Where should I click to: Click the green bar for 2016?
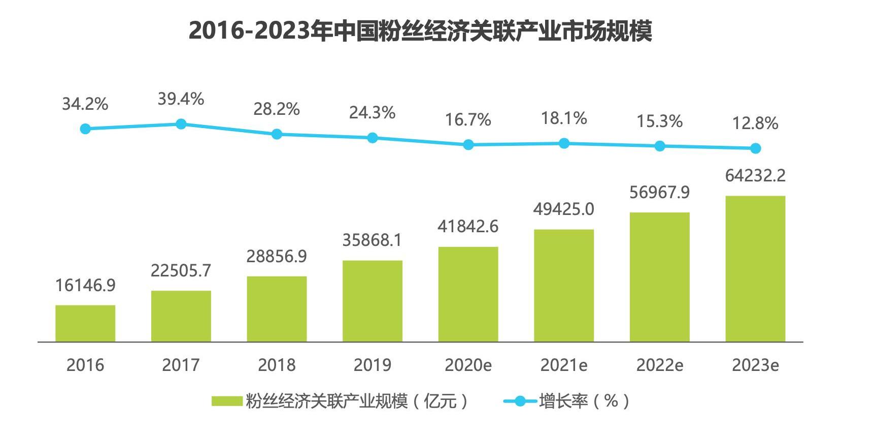[85, 323]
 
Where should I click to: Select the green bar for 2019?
[373, 301]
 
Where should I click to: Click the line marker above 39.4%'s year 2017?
[181, 124]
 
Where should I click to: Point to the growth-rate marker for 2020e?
[468, 145]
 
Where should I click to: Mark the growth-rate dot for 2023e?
[755, 148]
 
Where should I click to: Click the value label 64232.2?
[755, 176]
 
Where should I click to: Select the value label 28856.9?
[277, 257]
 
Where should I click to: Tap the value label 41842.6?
[468, 227]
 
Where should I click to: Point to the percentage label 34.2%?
[85, 104]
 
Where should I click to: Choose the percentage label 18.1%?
[564, 118]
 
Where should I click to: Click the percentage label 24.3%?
[372, 113]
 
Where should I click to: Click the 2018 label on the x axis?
[277, 365]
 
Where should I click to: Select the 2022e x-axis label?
[659, 365]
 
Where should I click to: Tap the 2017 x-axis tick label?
[181, 365]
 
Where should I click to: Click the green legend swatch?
[227, 401]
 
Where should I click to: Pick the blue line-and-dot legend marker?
[520, 401]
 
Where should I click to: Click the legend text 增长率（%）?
[584, 401]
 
